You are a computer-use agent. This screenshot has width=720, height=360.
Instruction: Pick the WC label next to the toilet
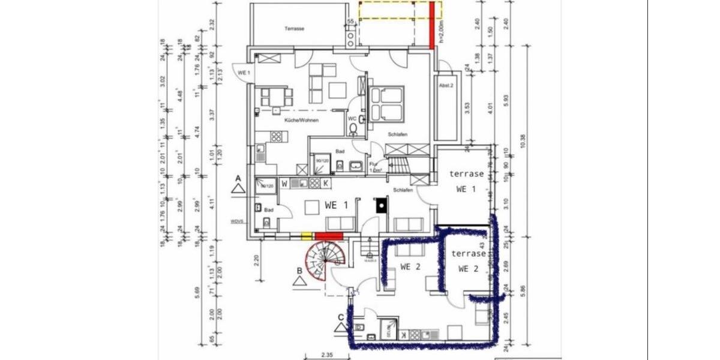coord(352,118)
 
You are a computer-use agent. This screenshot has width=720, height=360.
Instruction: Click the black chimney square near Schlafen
coord(380,205)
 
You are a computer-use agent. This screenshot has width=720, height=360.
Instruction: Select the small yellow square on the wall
coord(306,236)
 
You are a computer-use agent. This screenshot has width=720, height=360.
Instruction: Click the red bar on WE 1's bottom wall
coord(329,236)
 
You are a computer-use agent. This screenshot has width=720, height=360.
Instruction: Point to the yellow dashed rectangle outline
coord(400,10)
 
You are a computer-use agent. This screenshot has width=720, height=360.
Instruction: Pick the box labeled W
coord(284,183)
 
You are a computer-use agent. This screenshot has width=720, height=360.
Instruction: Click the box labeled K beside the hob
coord(326,183)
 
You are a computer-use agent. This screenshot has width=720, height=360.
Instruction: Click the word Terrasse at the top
coord(295,29)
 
